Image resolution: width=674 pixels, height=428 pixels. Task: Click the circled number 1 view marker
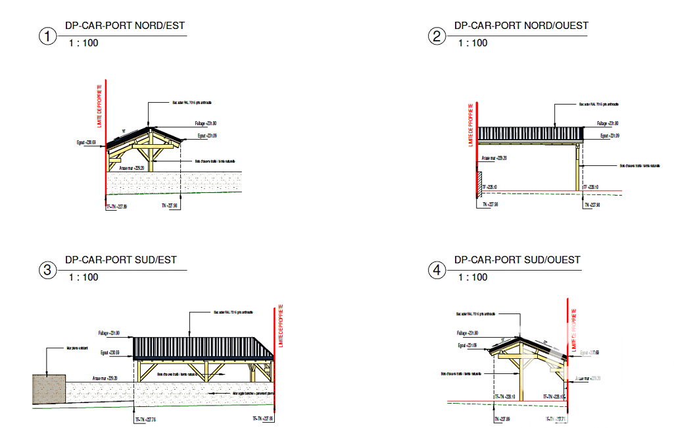(x=47, y=36)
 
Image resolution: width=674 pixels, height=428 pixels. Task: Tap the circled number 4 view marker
(x=437, y=270)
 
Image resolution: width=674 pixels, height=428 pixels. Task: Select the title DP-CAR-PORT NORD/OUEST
(x=521, y=26)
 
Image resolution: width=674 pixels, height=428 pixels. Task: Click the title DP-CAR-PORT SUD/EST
(x=120, y=259)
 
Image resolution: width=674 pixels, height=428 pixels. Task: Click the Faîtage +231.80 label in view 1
(x=205, y=124)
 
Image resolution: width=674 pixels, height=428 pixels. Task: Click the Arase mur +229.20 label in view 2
(x=493, y=158)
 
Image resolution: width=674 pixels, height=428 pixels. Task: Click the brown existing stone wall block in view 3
(x=49, y=390)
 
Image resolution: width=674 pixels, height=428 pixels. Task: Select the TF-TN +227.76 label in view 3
(x=146, y=419)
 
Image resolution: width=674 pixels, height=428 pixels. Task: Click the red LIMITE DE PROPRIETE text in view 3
(x=281, y=326)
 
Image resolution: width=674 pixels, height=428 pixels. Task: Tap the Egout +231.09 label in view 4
(x=467, y=345)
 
